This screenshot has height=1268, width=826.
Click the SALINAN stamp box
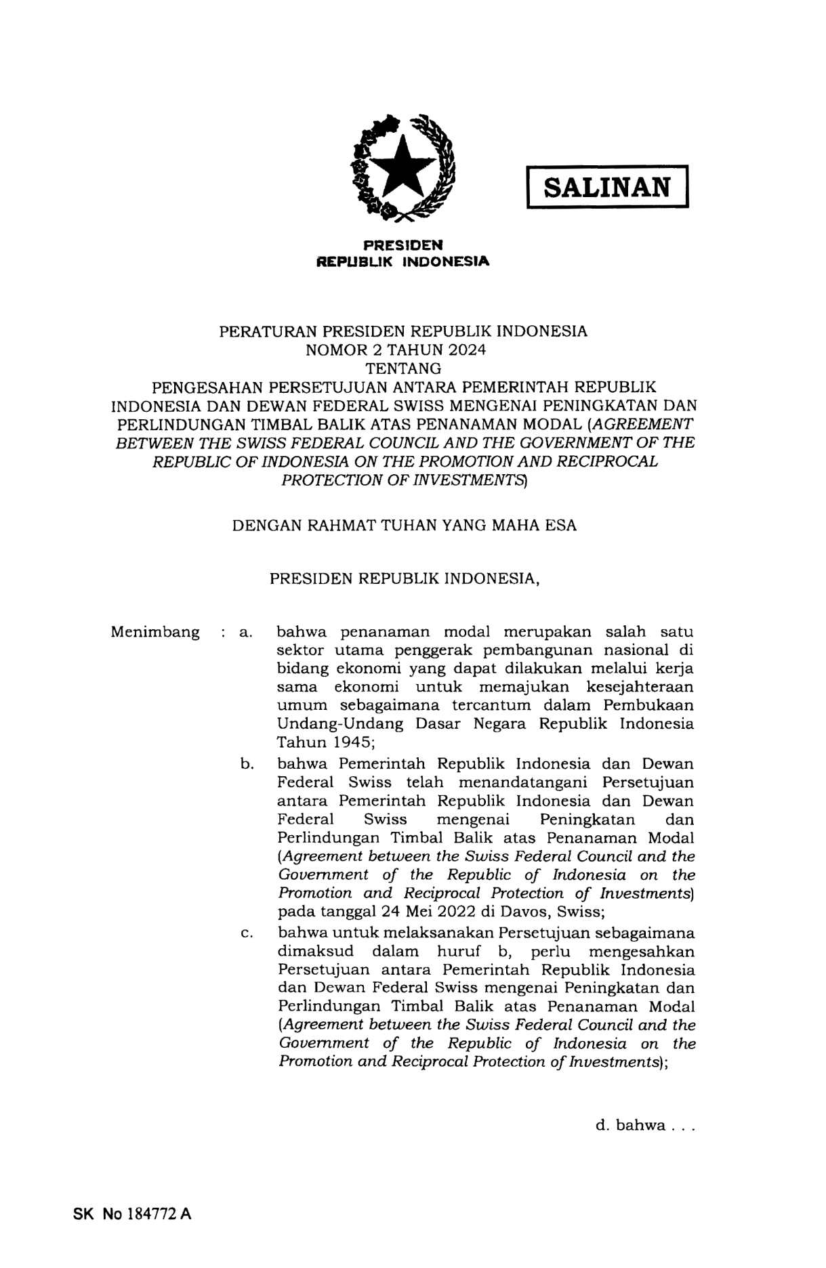[x=607, y=186]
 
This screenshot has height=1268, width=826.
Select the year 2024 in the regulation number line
[x=466, y=350]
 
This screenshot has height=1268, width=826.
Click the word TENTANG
[x=403, y=368]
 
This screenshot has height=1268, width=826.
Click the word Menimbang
[x=155, y=633]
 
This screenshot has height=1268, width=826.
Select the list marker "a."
[x=245, y=633]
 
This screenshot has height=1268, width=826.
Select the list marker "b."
[x=247, y=765]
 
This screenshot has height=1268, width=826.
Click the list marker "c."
[x=247, y=934]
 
